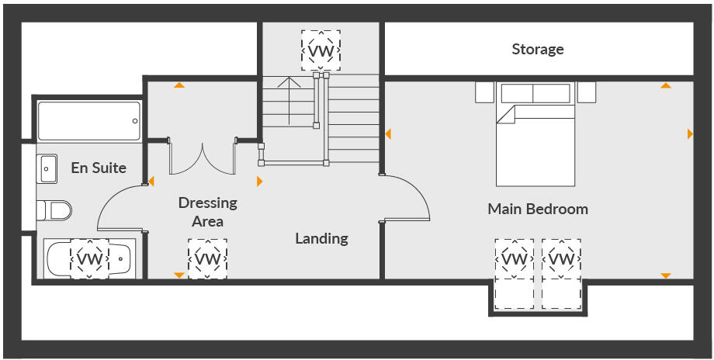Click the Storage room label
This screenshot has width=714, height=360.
coord(537,50)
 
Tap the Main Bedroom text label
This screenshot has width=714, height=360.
coord(537,209)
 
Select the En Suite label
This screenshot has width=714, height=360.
coord(99,168)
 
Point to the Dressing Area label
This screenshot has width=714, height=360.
coord(207,212)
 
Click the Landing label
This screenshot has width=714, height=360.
coord(321,238)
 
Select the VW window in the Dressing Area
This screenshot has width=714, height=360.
coord(207,258)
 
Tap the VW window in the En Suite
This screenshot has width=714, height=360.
coord(90,258)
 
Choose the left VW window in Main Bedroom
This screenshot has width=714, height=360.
coord(514,258)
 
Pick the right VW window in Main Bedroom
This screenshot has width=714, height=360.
coord(560,258)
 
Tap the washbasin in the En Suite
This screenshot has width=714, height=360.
coord(47,168)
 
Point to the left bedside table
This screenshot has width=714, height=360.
coord(484,92)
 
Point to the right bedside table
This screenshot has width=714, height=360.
coord(587,92)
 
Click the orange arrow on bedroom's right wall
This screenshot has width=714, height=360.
coord(690,134)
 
